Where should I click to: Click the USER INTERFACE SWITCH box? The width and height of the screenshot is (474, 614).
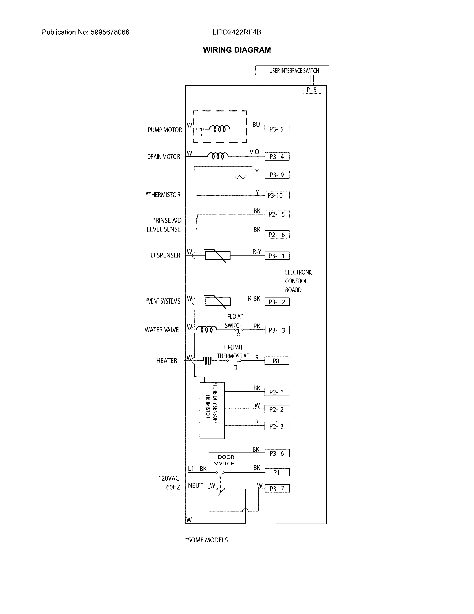pos(292,71)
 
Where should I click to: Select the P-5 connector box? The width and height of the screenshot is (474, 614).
pos(312,90)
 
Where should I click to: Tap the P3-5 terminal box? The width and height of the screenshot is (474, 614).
pos(277,129)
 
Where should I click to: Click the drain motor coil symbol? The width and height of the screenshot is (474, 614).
pos(218,156)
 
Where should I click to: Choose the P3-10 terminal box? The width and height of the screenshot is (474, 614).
pos(277,195)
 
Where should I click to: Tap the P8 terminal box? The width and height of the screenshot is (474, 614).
pos(277,361)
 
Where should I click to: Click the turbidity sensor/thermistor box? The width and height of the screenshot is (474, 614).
pos(212,410)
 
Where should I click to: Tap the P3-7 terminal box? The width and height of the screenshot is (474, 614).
pos(277,489)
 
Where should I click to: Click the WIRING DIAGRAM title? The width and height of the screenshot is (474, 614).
pos(237,50)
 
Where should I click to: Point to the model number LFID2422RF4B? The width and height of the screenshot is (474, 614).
pos(237,32)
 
